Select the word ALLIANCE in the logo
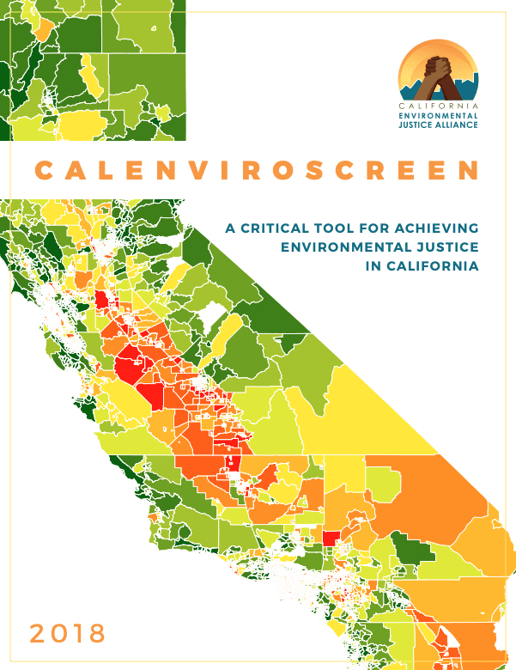[459, 123]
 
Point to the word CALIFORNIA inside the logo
[438, 104]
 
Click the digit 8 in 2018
[95, 634]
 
